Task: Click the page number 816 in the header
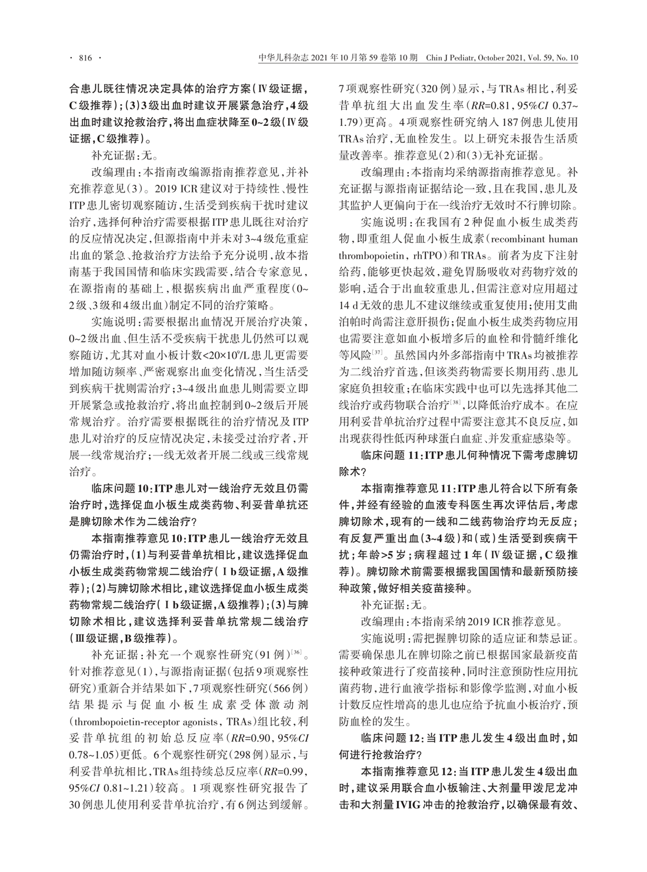tap(85, 58)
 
